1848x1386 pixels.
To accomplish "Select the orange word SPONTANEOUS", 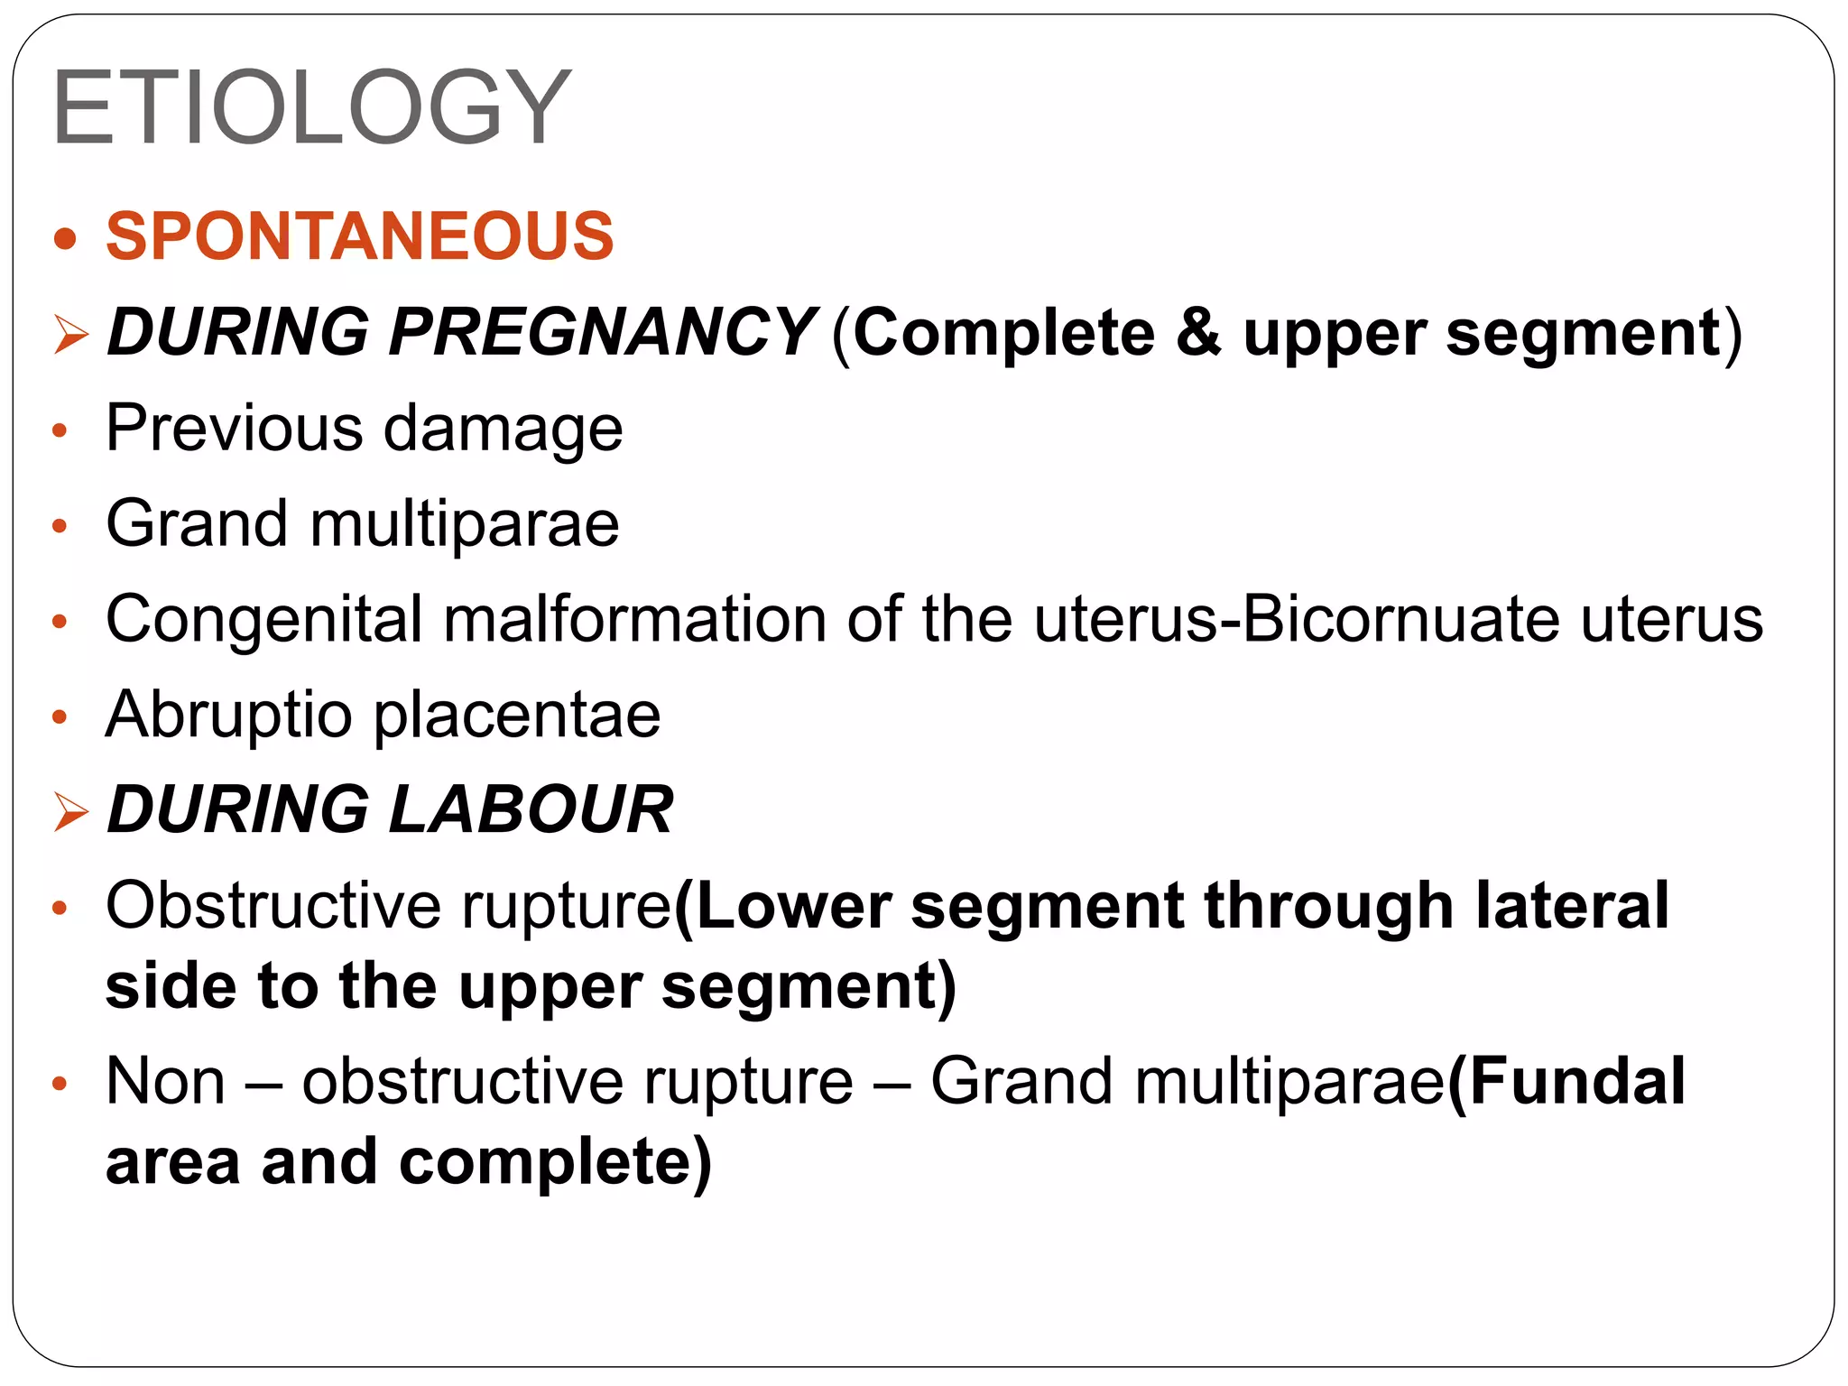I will [360, 236].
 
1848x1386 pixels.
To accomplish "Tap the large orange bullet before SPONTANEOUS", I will [65, 239].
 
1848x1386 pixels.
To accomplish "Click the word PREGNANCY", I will [602, 332].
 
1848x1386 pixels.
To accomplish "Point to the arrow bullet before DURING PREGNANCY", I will [70, 335].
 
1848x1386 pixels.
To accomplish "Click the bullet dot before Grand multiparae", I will [60, 526].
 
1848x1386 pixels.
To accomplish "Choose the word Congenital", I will [263, 621].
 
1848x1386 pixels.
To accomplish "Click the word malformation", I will [634, 619].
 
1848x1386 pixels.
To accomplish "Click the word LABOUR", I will [531, 809].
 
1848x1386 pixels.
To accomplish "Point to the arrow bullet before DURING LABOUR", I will [70, 811].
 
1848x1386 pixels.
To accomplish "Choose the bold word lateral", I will [1572, 905].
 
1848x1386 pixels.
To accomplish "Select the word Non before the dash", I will [165, 1081].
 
